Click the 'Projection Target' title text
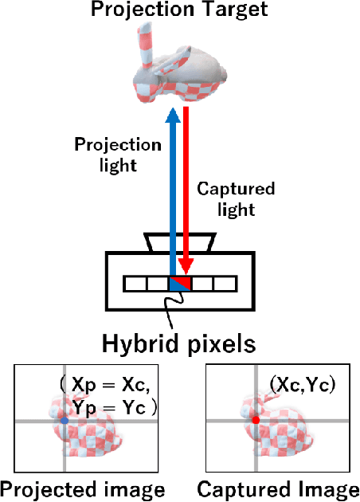(x=179, y=10)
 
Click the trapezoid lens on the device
(x=179, y=241)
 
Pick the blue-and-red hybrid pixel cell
(x=179, y=283)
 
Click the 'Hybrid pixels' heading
(x=179, y=343)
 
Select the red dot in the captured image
(x=256, y=419)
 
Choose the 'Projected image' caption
(x=83, y=488)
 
